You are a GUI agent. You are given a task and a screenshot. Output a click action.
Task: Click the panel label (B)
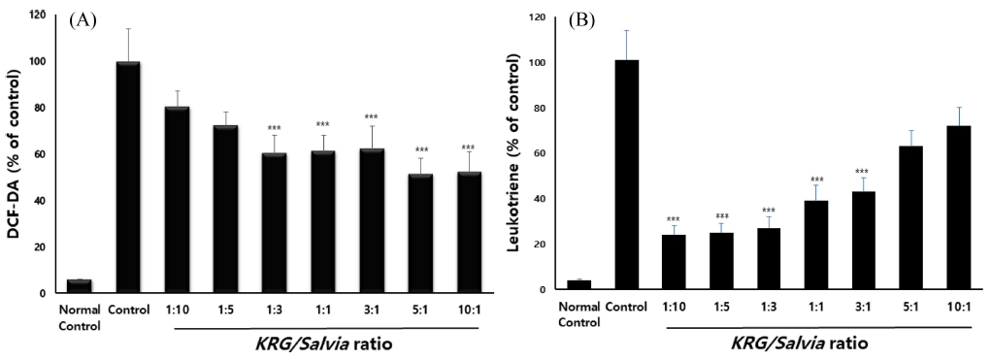click(x=581, y=21)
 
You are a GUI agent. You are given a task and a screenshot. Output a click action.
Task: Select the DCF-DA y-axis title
click(x=16, y=155)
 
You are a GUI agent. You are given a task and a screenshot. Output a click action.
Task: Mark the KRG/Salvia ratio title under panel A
click(x=325, y=344)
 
